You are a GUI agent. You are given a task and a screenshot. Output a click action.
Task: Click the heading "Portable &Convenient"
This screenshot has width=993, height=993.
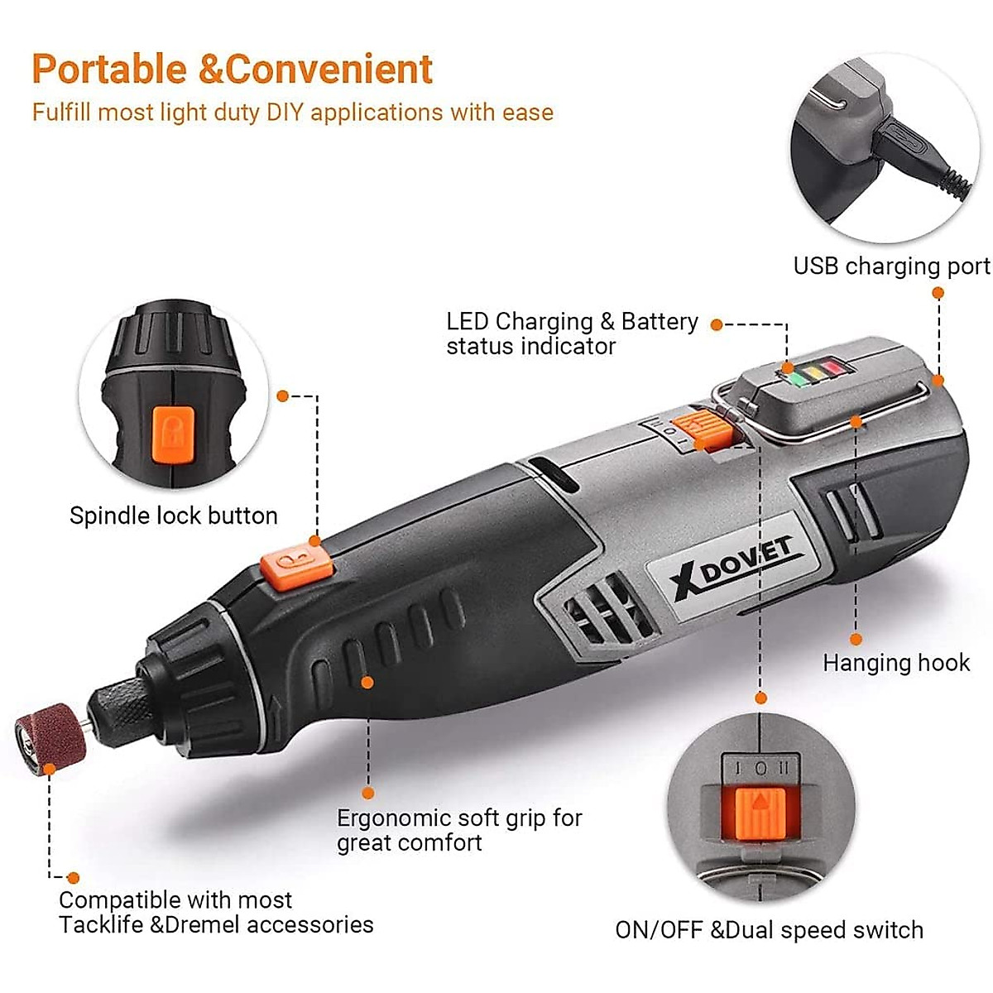tap(232, 69)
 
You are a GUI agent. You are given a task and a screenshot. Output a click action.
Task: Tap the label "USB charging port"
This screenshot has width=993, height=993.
tap(891, 266)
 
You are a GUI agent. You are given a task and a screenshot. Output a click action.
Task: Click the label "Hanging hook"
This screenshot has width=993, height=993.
tap(896, 663)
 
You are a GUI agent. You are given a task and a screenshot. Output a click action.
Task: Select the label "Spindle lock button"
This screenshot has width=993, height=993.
tap(173, 516)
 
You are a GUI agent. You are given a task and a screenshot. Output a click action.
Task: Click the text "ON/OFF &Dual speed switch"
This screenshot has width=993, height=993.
tap(769, 929)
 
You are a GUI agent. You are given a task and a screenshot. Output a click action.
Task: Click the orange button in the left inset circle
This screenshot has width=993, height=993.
tap(171, 434)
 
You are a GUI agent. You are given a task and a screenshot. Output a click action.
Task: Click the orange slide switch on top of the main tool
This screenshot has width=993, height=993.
tap(702, 429)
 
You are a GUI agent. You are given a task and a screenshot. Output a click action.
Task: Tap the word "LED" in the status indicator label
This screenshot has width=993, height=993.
tap(467, 321)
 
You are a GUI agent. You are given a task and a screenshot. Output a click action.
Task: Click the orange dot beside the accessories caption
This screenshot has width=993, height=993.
tap(73, 878)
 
